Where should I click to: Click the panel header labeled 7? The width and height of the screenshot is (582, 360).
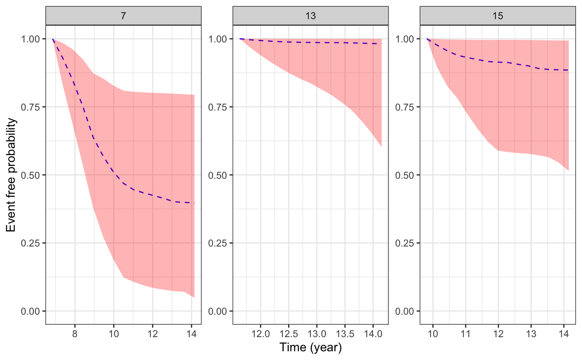point(123,16)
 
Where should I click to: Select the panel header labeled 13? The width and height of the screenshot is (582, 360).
point(310,16)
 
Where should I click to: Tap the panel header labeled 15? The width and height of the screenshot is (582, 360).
point(498,16)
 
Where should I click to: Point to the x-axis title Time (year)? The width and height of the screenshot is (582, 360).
point(311,347)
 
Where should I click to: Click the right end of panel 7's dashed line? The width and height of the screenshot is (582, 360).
point(194,203)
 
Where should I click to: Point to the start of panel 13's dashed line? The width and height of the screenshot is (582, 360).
point(240,39)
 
